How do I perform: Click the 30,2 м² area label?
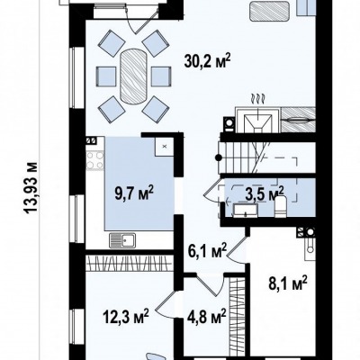point(208,61)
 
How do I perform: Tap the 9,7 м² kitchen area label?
point(134,193)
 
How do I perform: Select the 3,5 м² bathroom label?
point(265,193)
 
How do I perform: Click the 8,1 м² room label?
point(288,283)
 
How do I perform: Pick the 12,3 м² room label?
point(126,317)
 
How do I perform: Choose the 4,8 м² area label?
point(207,317)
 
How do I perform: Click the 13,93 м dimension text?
point(31,187)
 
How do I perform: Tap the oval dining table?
point(133,77)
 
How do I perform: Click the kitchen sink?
point(122,240)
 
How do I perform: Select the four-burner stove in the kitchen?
point(94,160)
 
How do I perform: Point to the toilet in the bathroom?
point(281,206)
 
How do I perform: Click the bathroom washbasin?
point(246,210)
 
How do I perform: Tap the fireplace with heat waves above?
point(258,120)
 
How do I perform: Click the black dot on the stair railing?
point(219,157)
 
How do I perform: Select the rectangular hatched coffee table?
point(269,11)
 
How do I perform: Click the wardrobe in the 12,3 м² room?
point(130,263)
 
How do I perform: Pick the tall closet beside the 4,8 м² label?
point(237,317)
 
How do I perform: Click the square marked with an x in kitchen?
point(164,147)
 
